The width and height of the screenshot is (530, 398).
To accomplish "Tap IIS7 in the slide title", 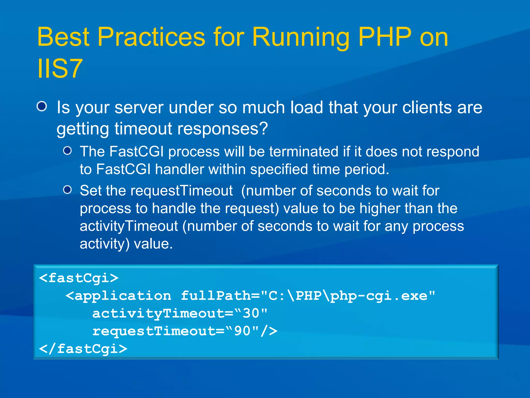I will (60, 68).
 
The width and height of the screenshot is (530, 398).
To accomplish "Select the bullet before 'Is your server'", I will (42, 106).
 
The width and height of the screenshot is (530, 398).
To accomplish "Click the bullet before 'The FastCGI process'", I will (68, 151).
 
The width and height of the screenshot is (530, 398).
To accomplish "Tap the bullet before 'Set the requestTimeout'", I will (68, 190).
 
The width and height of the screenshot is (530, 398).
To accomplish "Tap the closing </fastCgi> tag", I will (83, 349).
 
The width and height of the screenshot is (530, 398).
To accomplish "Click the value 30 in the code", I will (251, 313).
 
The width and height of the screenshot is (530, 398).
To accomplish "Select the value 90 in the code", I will (242, 331).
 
